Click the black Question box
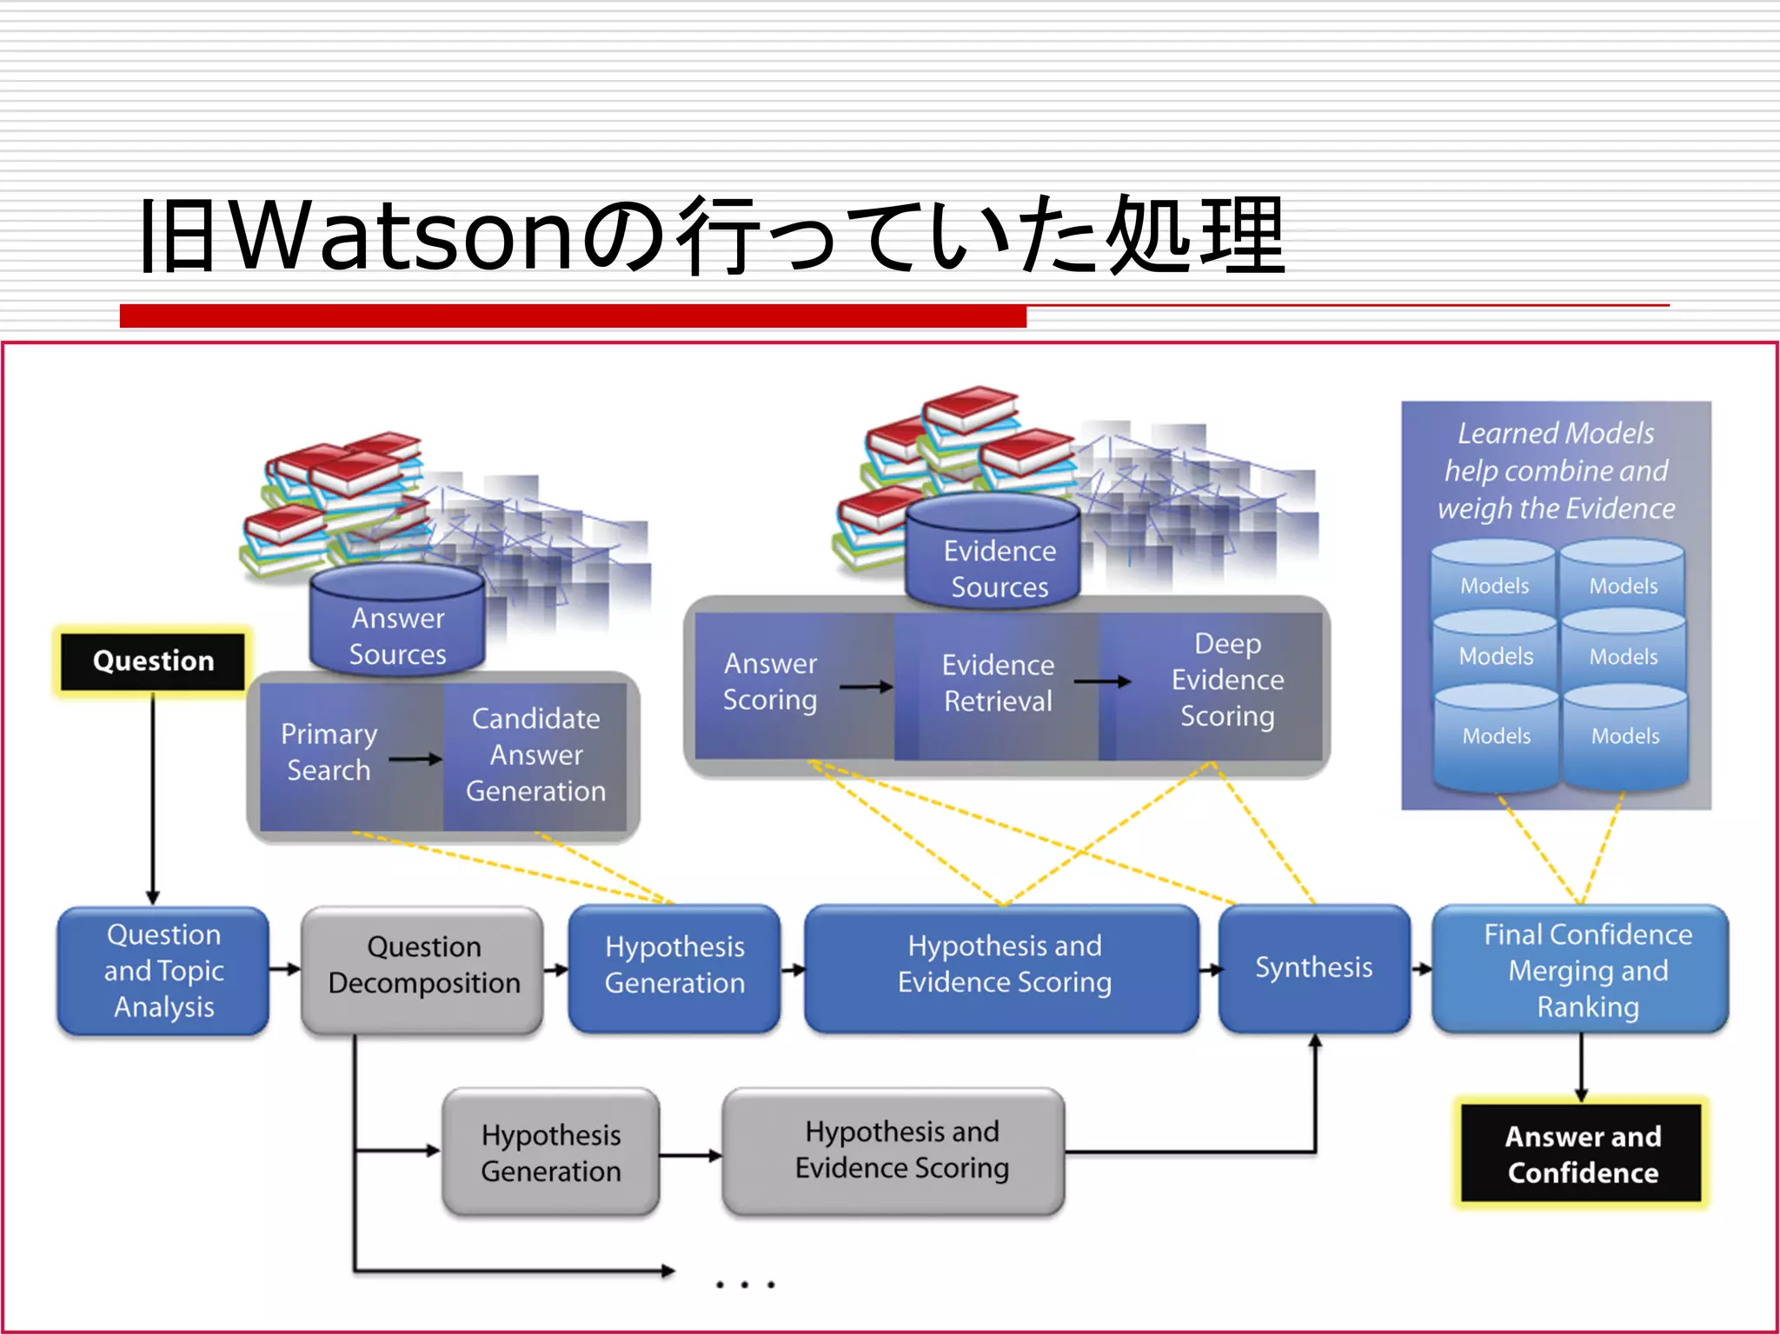tap(153, 661)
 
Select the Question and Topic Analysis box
tap(163, 970)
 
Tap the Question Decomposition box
tap(423, 966)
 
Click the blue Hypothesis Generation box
tap(674, 966)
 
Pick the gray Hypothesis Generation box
tap(551, 1152)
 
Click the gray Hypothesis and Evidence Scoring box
tap(900, 1150)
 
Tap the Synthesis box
tap(1313, 967)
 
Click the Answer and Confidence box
tap(1582, 1154)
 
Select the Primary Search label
tap(329, 752)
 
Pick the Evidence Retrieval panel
tap(997, 683)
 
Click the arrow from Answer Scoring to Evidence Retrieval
tap(866, 687)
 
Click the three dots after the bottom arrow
tap(745, 1284)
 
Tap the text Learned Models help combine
tap(1555, 452)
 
